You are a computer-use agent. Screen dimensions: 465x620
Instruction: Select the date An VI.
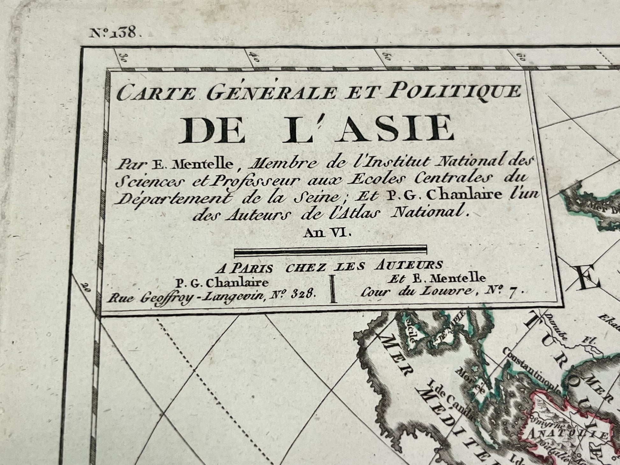327,233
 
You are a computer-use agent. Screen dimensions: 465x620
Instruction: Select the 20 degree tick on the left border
85,286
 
